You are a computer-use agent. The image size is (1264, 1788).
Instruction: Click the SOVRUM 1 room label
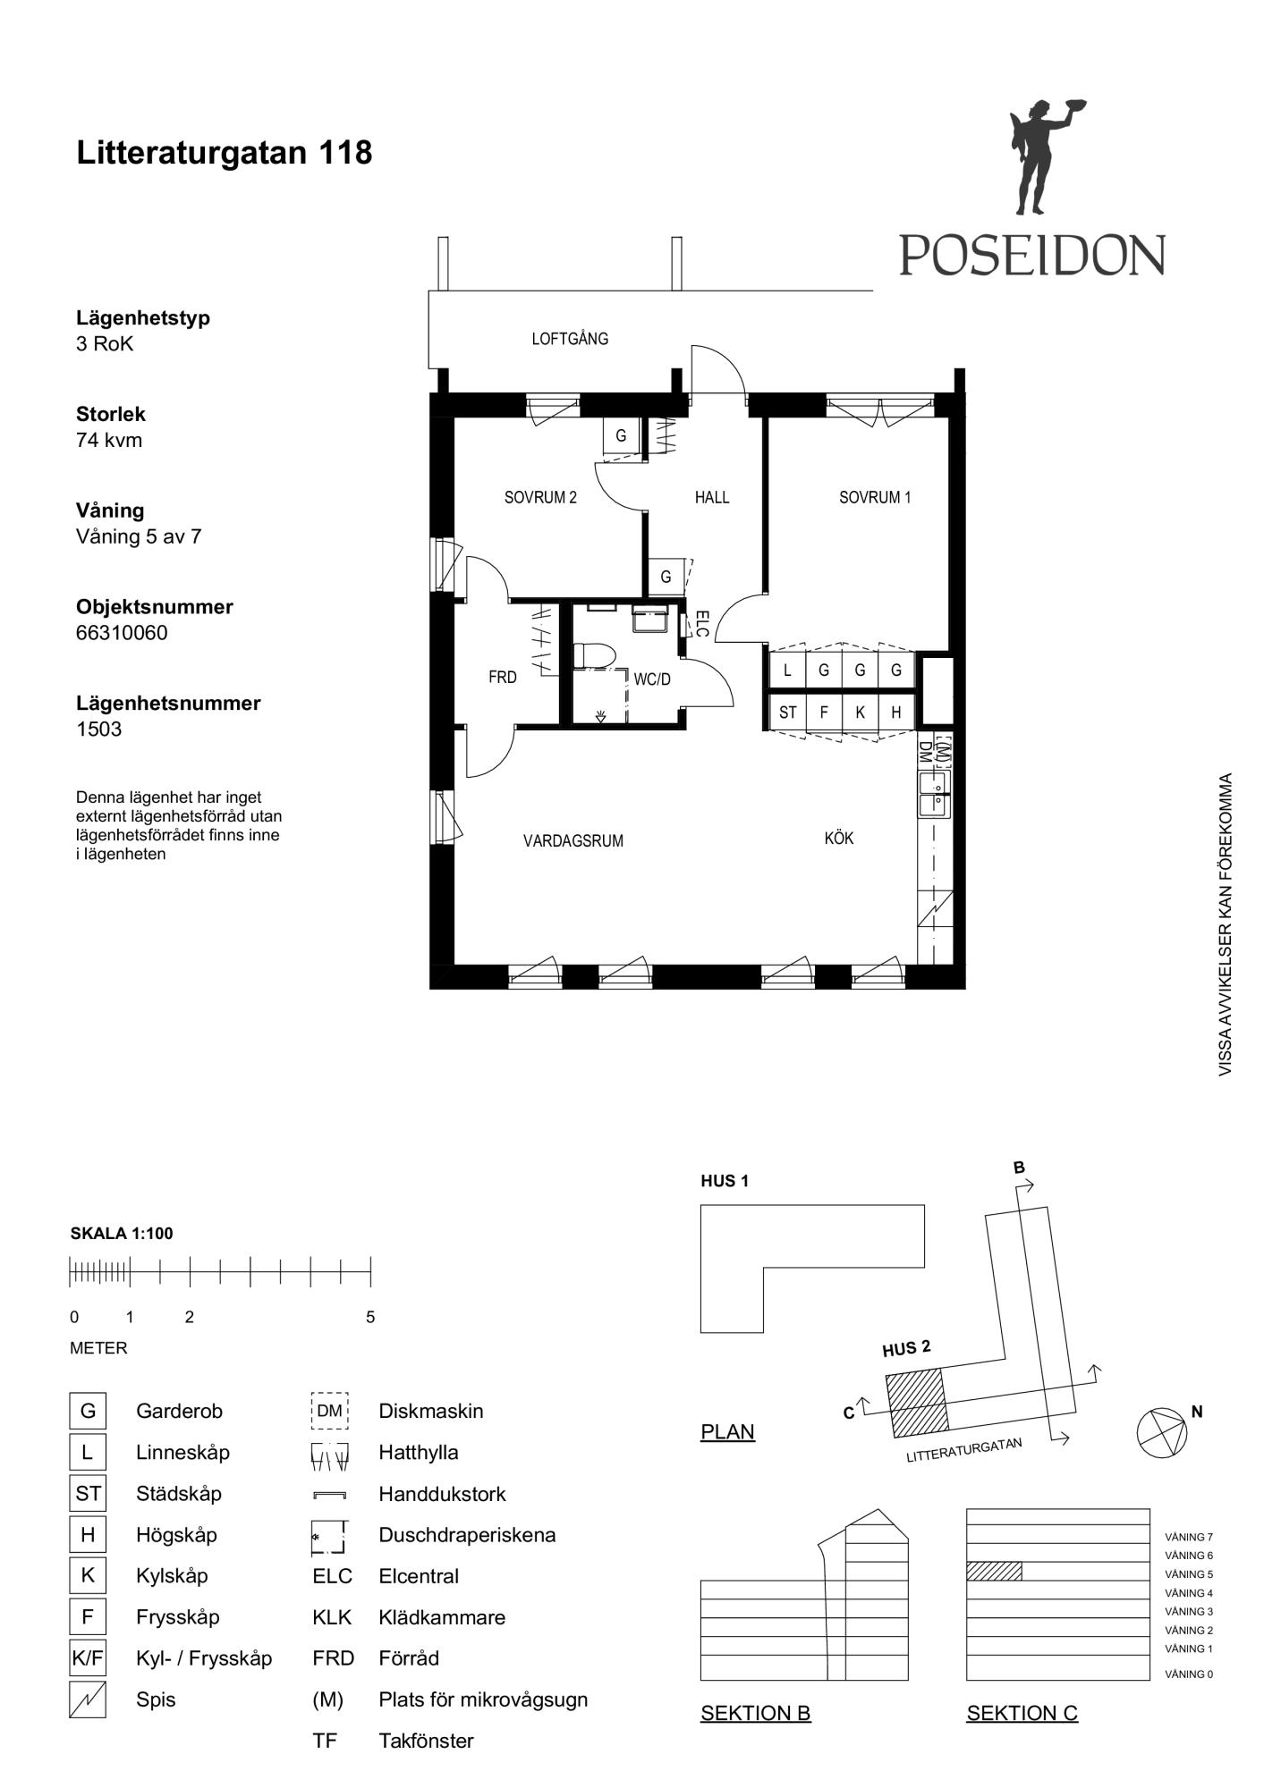[x=874, y=497]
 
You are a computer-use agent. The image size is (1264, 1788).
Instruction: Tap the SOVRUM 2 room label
[x=540, y=497]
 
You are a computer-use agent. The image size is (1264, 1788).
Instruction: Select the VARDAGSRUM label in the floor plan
[x=573, y=840]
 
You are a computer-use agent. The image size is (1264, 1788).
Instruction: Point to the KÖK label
[x=839, y=838]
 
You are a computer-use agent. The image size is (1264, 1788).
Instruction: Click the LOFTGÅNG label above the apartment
[x=570, y=338]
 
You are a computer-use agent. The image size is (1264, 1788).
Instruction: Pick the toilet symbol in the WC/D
[x=593, y=655]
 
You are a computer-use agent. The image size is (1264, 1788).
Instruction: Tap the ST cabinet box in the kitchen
[x=787, y=713]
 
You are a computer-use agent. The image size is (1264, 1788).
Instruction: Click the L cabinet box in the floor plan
[x=787, y=670]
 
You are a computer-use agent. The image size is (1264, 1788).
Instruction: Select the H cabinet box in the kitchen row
[x=895, y=713]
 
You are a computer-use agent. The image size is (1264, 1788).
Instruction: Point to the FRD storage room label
[x=503, y=677]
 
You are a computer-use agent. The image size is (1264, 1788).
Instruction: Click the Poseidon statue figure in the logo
[x=1041, y=156]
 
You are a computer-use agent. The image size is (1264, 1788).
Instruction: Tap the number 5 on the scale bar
[x=370, y=1317]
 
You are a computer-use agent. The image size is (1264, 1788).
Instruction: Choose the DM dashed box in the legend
[x=329, y=1411]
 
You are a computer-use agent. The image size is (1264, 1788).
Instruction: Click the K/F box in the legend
[x=88, y=1659]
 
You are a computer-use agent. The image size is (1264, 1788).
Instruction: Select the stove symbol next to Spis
[x=88, y=1699]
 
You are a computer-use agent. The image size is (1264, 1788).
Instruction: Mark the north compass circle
[x=1162, y=1433]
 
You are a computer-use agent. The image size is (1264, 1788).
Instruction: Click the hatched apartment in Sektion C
[x=994, y=1571]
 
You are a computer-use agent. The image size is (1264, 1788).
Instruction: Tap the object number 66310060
[x=122, y=633]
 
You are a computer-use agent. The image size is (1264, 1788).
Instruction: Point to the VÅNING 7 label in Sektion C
[x=1189, y=1537]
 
